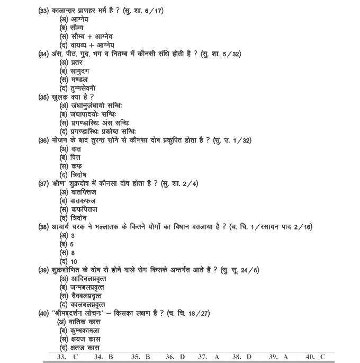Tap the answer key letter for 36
pos(182,357)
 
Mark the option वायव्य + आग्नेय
pos(93,45)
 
